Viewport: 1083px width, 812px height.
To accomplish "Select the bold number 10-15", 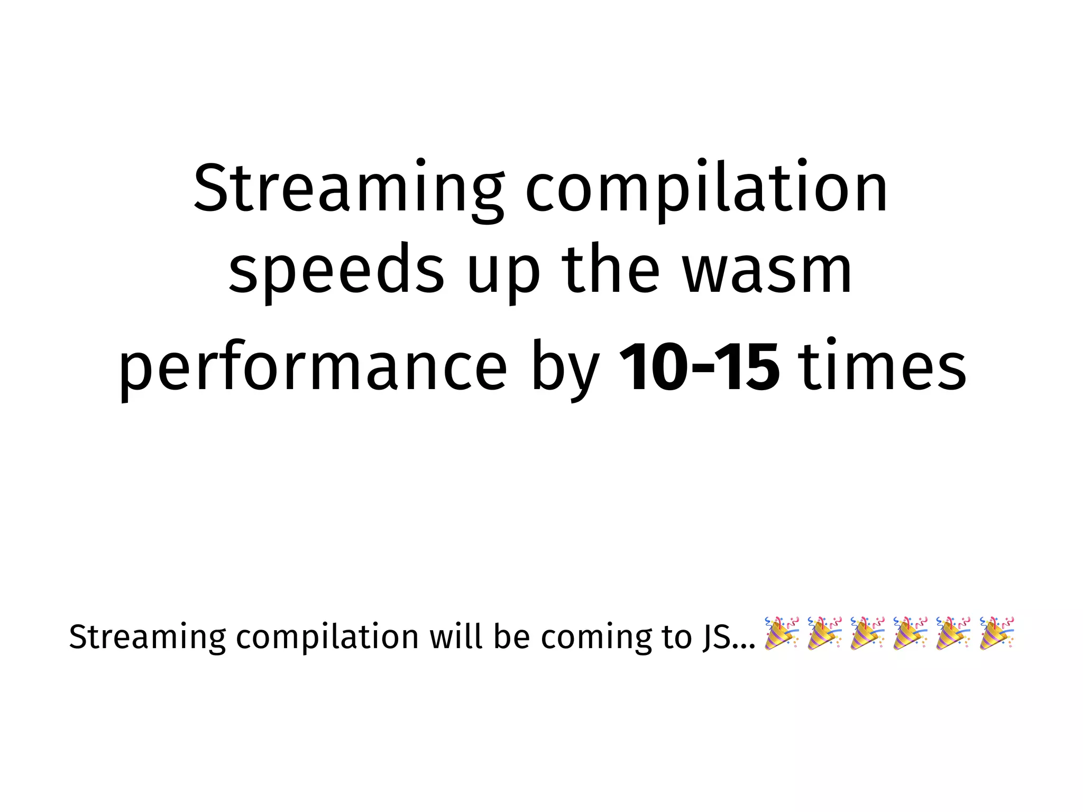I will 699,368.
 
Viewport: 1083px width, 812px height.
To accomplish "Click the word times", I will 883,368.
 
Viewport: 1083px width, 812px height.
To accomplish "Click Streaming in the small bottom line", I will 148,637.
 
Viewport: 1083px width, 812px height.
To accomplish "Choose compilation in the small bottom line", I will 327,637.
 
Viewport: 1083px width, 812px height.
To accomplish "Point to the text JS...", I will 717,637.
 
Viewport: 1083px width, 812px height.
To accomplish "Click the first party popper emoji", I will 782,633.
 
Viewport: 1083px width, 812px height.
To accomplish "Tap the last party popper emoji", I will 996,633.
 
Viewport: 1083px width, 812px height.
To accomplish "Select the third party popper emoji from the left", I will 867,633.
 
